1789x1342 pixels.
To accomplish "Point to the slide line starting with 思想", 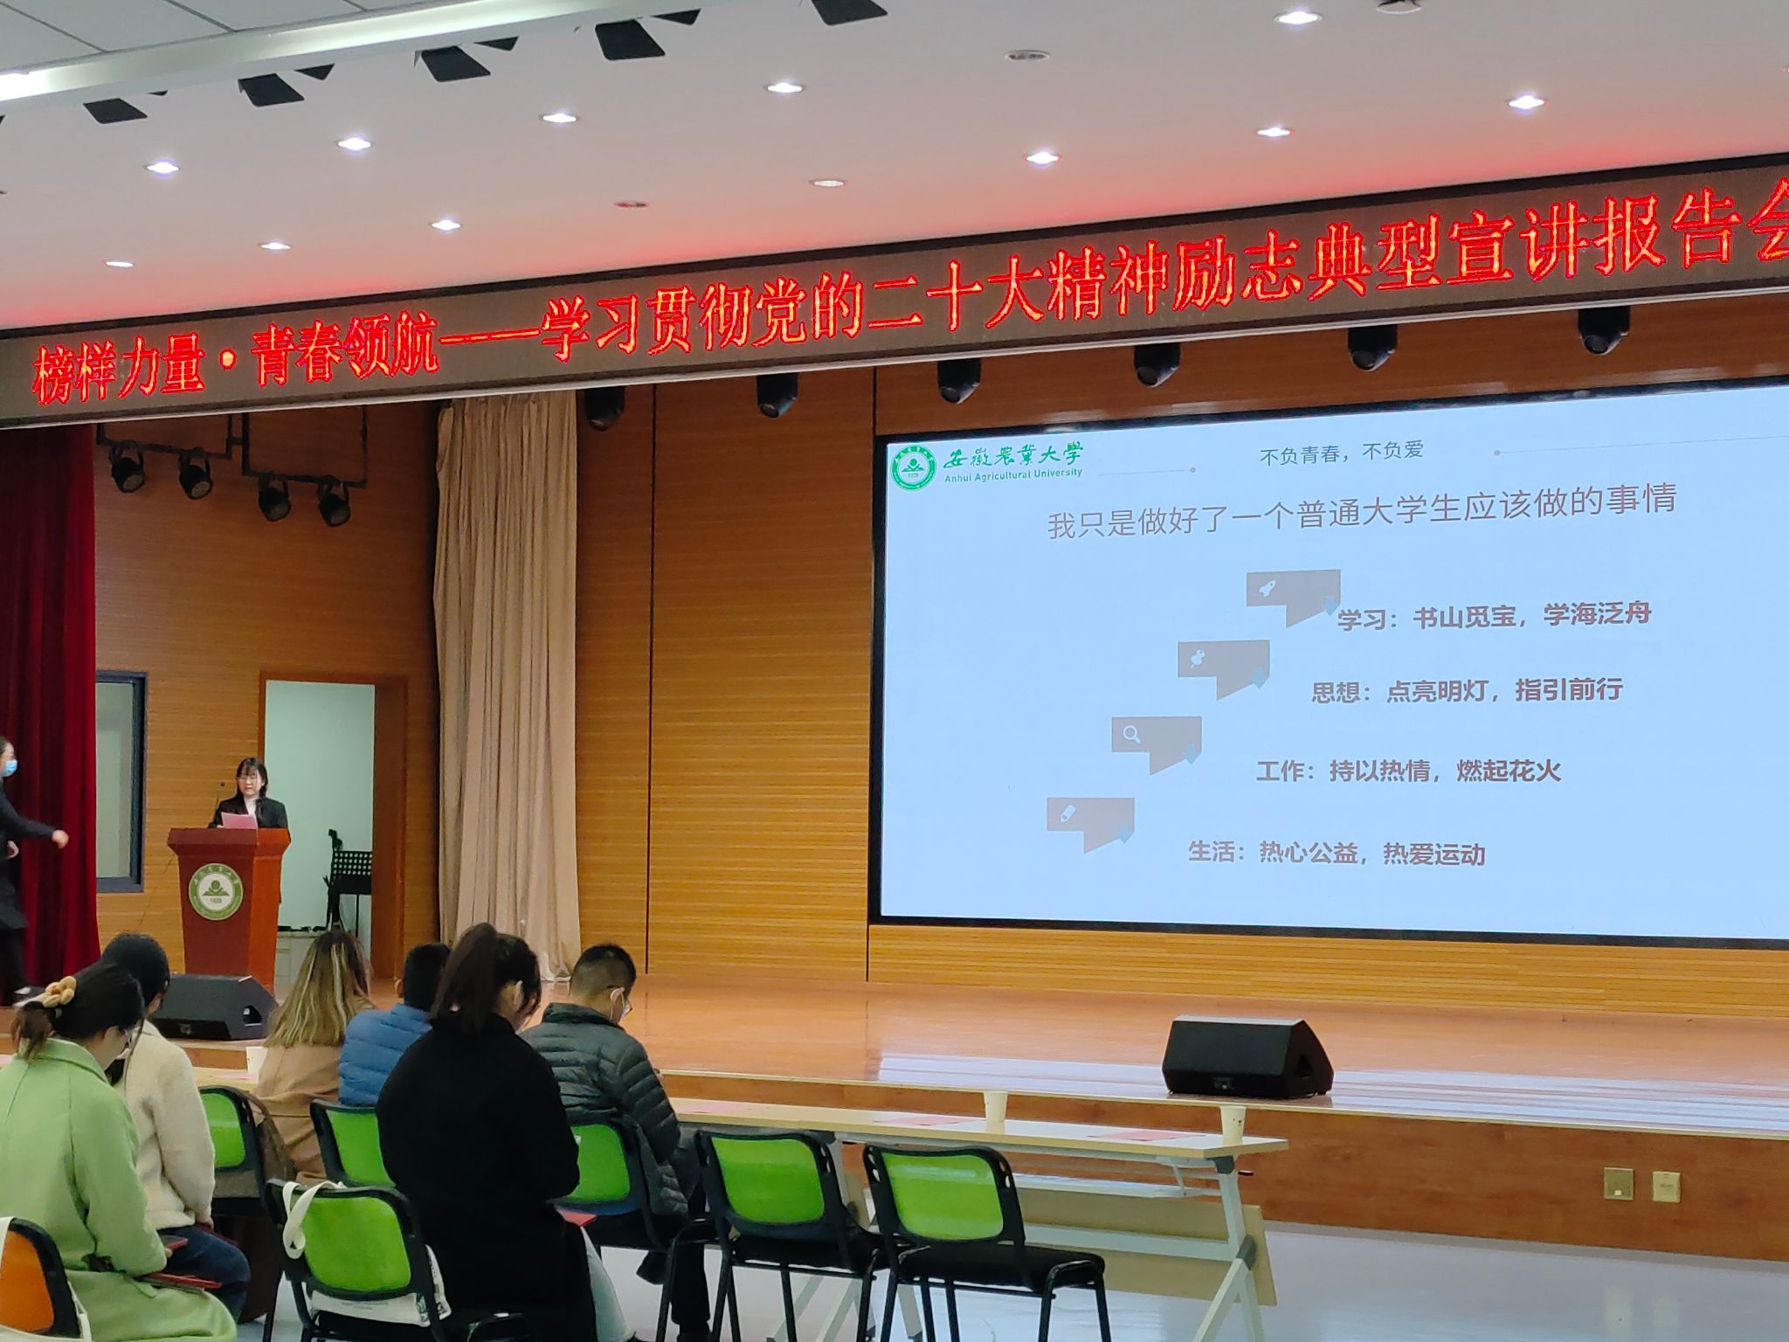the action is (x=1467, y=691).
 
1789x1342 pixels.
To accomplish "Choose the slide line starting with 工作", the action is (x=1408, y=771).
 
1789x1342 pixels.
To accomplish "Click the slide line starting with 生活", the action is (x=1337, y=852).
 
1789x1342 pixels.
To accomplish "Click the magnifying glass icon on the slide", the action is (x=1132, y=735).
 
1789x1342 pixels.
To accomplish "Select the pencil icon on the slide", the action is (x=1067, y=814).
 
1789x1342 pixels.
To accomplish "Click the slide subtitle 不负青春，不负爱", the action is (x=1342, y=453).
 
